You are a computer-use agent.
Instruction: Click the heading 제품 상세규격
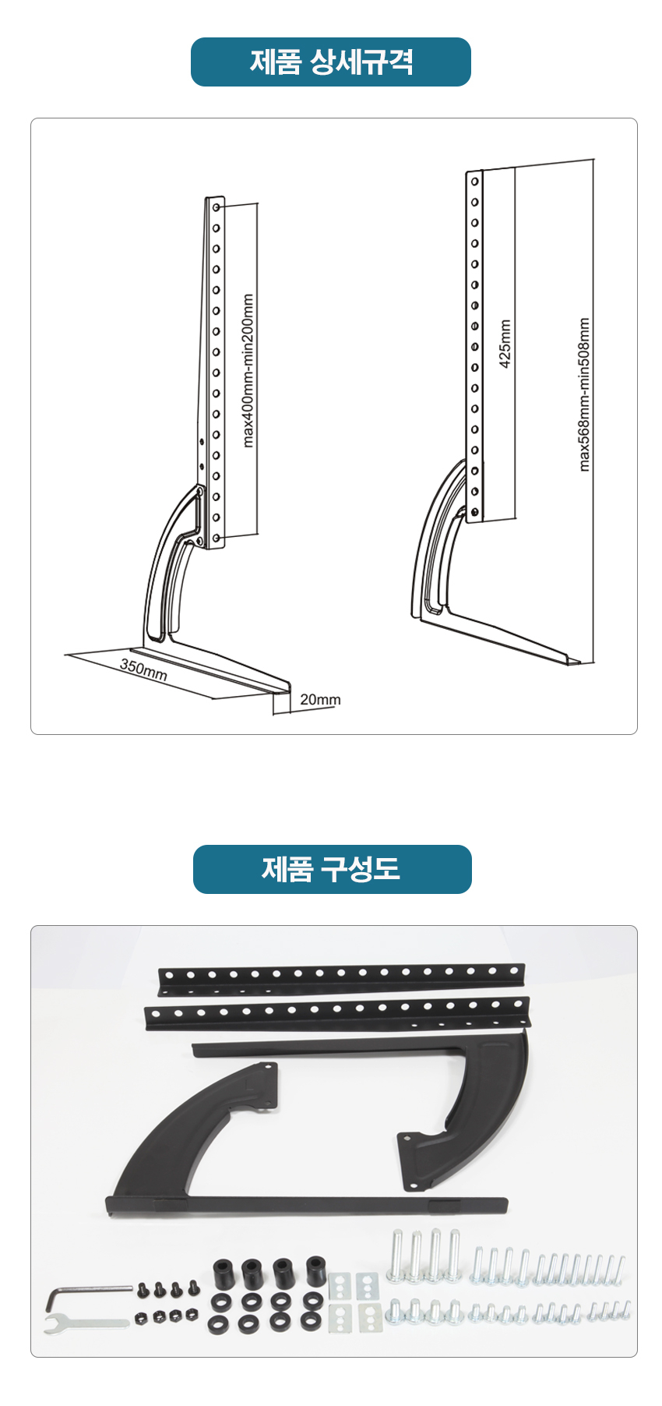331,62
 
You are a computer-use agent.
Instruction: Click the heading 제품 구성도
331,868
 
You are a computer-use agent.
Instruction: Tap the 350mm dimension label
143,669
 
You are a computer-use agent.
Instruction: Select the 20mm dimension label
320,699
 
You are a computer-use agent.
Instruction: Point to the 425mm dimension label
505,344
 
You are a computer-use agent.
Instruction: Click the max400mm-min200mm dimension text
248,370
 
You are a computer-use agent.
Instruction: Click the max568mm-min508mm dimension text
584,394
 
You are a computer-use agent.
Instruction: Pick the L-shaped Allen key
86,1297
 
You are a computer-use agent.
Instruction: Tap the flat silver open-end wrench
86,1323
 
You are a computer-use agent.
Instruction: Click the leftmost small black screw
143,1290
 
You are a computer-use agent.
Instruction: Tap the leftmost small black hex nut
143,1318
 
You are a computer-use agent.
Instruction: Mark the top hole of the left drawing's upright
217,208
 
